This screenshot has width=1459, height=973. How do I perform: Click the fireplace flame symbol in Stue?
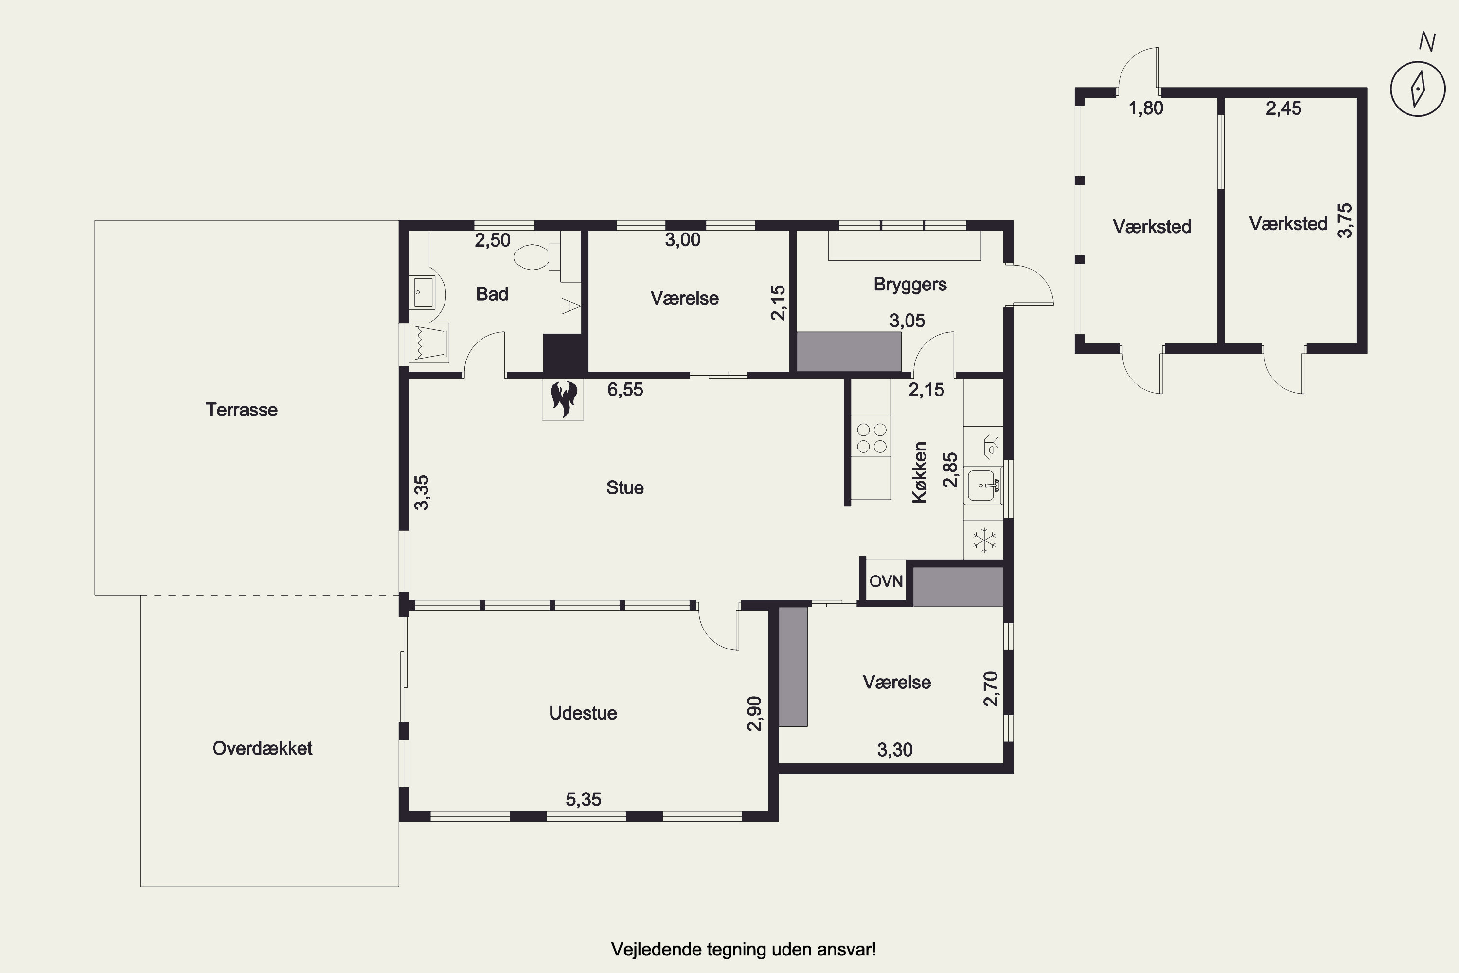coord(563,399)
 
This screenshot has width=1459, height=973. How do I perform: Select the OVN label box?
coord(885,581)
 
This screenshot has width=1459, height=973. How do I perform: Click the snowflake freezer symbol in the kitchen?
coord(984,539)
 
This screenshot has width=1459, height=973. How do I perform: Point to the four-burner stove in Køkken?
coord(872,437)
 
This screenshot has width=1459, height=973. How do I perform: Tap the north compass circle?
coord(1418,89)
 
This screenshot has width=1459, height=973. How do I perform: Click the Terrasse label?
coord(241,410)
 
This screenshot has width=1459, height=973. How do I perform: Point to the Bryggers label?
coord(910,284)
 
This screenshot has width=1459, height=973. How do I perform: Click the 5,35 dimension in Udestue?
coord(583,799)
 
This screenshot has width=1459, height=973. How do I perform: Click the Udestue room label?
coord(583,713)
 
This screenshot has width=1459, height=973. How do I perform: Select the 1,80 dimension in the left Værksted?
coord(1146,108)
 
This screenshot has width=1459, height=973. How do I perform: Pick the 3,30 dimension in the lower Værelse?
coord(894,750)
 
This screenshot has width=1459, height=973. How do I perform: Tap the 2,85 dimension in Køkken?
coord(950,470)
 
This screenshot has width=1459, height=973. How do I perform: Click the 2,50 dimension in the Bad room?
coord(493,240)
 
